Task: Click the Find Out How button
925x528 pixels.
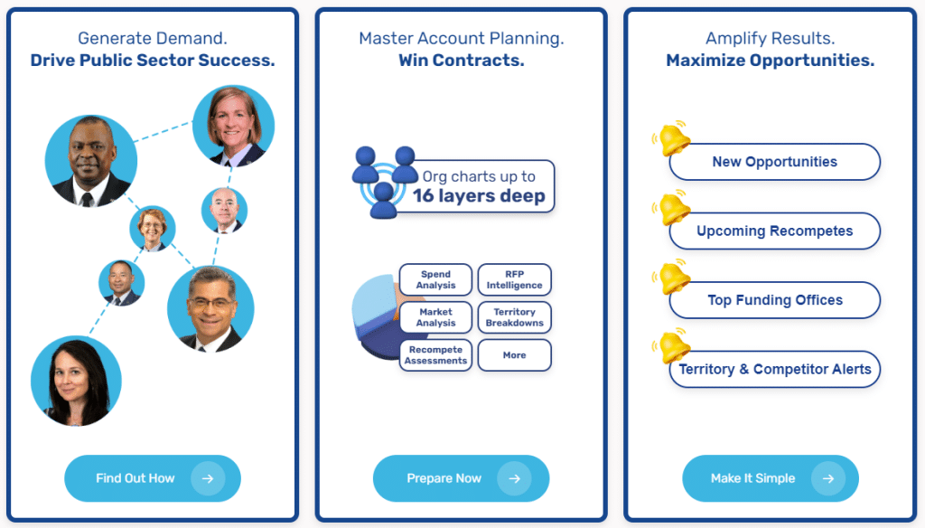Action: [152, 478]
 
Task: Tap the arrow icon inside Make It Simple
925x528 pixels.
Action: [827, 478]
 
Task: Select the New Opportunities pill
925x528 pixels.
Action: [774, 162]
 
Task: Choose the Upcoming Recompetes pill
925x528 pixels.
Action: [774, 231]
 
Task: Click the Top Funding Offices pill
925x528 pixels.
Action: [774, 300]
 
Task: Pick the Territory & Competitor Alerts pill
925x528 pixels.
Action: [774, 369]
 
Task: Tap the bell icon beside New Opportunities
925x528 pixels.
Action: [672, 139]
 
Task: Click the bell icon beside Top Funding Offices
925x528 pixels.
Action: [672, 278]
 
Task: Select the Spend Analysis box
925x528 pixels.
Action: [435, 280]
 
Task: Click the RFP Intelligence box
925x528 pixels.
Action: [514, 280]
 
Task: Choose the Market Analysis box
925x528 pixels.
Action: [435, 317]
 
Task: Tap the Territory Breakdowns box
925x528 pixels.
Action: [514, 317]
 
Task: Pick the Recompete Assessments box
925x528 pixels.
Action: [435, 355]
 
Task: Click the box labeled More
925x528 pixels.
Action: [514, 355]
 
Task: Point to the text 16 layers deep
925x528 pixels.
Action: [479, 196]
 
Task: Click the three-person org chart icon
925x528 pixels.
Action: [384, 181]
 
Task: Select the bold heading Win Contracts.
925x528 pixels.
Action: [461, 61]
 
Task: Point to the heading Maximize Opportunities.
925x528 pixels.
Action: [770, 61]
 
